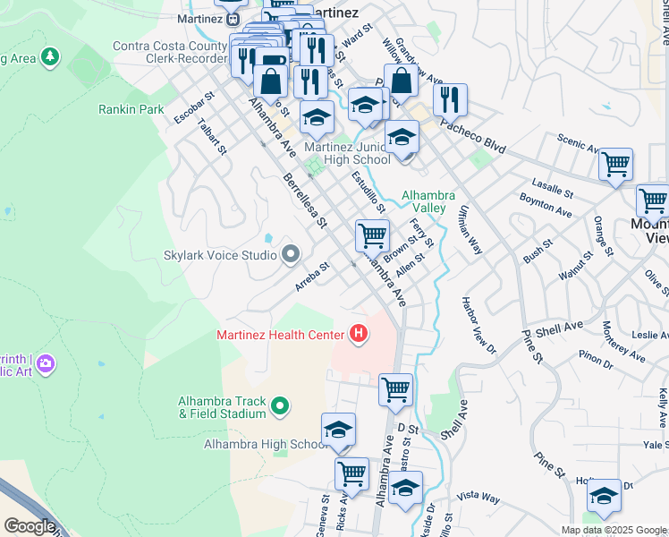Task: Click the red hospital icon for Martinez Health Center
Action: pos(359,335)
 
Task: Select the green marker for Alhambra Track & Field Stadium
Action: pos(280,407)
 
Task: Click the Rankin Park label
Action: pos(131,109)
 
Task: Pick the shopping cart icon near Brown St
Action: pos(372,236)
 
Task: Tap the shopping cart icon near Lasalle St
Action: pos(615,164)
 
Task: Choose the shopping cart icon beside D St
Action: pos(395,389)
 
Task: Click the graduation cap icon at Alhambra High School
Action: pos(338,430)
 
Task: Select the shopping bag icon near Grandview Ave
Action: pos(401,81)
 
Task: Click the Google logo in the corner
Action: pos(29,526)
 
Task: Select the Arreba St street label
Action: pos(313,277)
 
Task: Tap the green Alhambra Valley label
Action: pos(428,201)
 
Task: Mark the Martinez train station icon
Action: pos(232,18)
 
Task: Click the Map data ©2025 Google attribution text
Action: pos(614,530)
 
